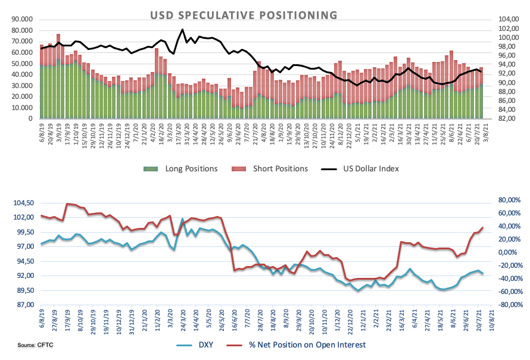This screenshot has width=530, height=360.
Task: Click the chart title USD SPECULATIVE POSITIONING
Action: [x=244, y=15]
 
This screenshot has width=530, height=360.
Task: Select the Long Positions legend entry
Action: [x=180, y=169]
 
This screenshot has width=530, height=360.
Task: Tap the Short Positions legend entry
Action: [x=270, y=169]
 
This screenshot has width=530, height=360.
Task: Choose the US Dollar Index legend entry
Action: [x=360, y=169]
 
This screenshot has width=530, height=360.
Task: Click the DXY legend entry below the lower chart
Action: [x=195, y=345]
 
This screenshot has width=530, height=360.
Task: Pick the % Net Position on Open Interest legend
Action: [x=296, y=345]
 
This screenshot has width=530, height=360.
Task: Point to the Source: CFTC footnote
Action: [x=36, y=345]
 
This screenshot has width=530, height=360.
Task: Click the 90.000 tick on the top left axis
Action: [x=22, y=19]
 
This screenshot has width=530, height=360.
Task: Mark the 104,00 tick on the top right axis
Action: [x=509, y=19]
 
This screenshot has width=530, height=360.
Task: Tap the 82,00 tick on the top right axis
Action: [x=509, y=118]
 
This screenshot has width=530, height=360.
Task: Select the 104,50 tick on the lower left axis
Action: [x=24, y=203]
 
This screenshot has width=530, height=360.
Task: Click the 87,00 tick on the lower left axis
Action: [x=26, y=305]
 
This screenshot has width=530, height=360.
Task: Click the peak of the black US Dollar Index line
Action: [x=183, y=29]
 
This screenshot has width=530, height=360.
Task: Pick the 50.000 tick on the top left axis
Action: [x=22, y=64]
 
